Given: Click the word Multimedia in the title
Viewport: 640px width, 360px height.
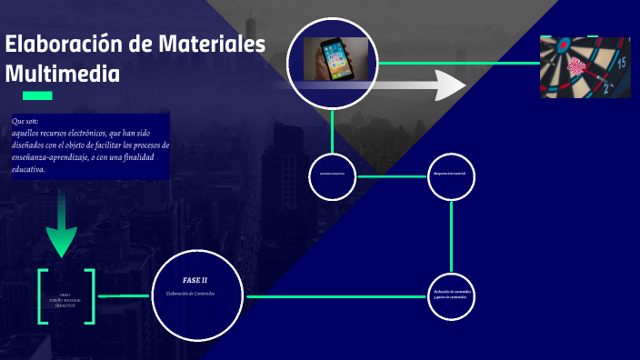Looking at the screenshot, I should [x=62, y=74].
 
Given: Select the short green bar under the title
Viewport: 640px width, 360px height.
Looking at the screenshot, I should [x=37, y=95].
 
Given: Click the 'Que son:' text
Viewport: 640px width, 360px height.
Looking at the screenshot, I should [x=25, y=121].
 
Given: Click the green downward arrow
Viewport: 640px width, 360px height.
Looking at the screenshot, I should [x=61, y=227].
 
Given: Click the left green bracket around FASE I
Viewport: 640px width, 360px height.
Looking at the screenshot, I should [x=42, y=296].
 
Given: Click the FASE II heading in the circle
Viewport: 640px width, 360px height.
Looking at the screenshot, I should [x=195, y=280].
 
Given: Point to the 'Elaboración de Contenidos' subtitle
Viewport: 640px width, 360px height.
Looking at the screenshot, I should [x=195, y=294].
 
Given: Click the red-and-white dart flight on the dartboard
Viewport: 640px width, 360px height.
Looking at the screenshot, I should [x=576, y=65].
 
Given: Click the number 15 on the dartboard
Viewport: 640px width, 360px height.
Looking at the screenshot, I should [x=621, y=63].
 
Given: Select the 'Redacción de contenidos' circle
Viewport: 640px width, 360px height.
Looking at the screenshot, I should [x=451, y=295].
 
